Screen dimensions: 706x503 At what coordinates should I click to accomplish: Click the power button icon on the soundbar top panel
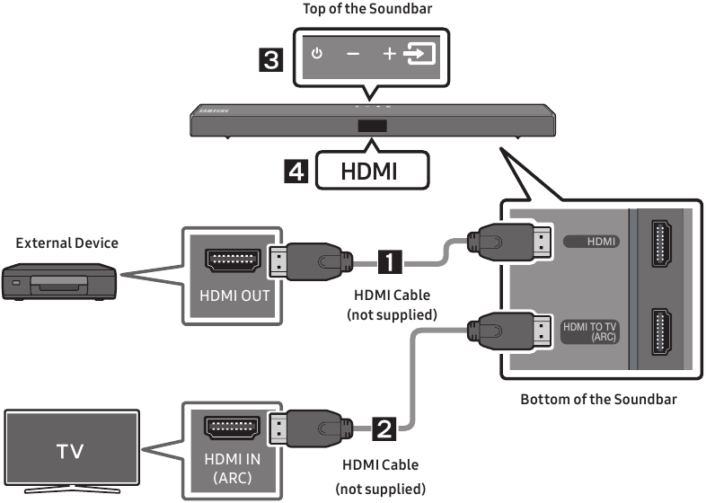[317, 54]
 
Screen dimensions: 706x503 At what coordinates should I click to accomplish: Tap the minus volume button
[353, 54]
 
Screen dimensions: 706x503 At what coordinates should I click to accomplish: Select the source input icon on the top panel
[419, 54]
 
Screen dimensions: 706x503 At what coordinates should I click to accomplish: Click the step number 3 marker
[271, 60]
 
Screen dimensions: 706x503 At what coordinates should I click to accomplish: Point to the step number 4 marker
[296, 172]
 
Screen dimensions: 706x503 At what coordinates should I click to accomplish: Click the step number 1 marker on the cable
[390, 261]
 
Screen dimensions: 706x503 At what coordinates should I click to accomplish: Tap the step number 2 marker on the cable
[384, 428]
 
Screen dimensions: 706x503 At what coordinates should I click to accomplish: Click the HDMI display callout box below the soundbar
[373, 171]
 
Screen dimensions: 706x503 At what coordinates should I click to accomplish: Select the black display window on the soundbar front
[373, 126]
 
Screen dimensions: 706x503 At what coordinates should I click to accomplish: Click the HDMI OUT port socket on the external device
[233, 260]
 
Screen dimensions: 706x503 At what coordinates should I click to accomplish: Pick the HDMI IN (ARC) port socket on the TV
[232, 428]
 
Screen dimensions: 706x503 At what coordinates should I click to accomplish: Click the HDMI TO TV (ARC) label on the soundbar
[589, 331]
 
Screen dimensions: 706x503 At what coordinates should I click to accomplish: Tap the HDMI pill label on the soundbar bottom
[591, 242]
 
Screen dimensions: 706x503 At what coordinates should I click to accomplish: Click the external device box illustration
[59, 282]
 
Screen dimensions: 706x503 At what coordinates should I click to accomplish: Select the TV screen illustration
[72, 451]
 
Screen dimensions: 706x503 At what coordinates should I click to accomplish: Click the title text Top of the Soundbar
[367, 9]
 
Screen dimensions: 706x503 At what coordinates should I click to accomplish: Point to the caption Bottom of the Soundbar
[598, 399]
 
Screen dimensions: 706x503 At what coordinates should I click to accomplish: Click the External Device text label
[67, 243]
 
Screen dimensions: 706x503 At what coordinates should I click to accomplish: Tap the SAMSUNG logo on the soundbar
[214, 110]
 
